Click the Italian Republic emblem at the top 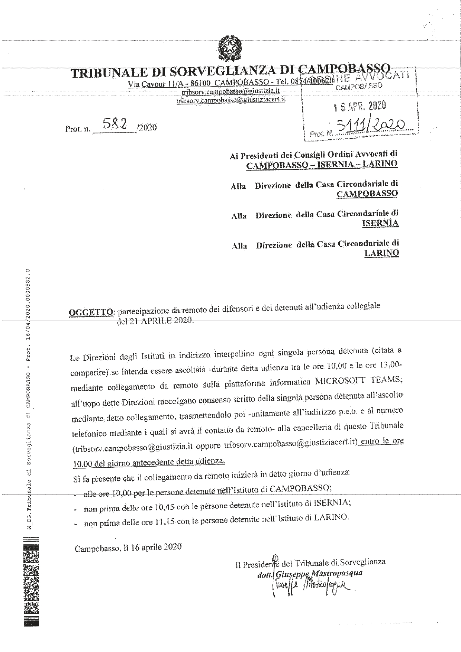point(229,48)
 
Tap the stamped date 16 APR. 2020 point(360,106)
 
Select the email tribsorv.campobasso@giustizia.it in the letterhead point(230,91)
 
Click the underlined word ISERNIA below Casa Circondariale point(380,223)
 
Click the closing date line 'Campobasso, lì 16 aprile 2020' point(128,547)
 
